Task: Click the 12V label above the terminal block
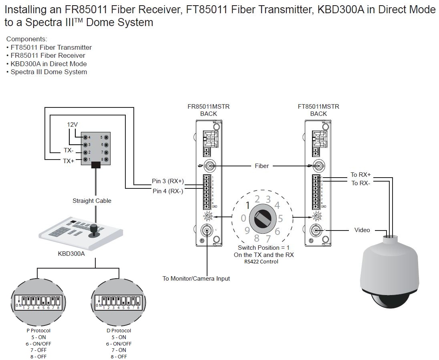[x=72, y=125]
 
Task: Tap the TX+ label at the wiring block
[x=68, y=161]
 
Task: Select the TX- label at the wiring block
[x=68, y=151]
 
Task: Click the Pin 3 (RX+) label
[x=168, y=181]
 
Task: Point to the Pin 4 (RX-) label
[x=168, y=191]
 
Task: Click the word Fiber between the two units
[x=262, y=166]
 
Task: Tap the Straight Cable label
[x=92, y=201]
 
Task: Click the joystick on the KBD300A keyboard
[x=94, y=229]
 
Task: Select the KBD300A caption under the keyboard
[x=71, y=253]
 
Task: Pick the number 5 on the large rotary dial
[x=281, y=218]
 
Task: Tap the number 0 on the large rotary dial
[x=243, y=218]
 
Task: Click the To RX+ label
[x=360, y=174]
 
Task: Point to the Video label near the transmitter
[x=362, y=230]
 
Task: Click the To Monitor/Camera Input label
[x=196, y=278]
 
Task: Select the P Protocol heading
[x=38, y=331]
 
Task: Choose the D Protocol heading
[x=119, y=331]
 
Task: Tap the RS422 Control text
[x=261, y=262]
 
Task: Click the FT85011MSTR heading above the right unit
[x=318, y=107]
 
